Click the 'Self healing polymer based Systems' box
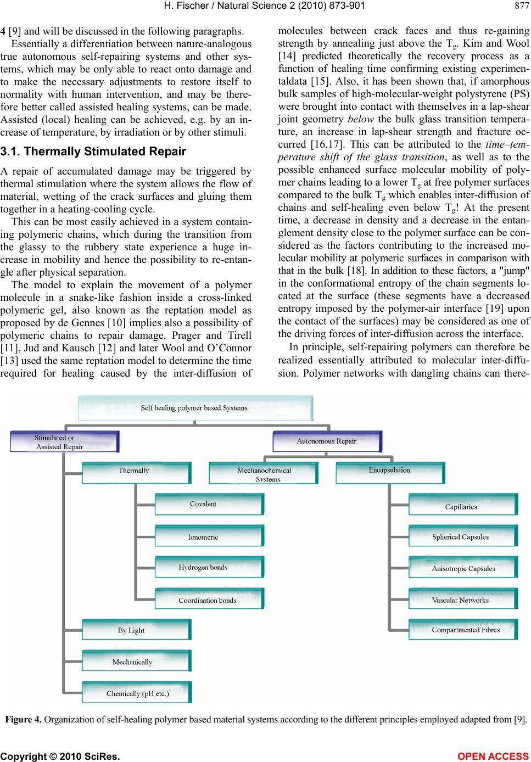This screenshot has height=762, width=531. click(x=195, y=408)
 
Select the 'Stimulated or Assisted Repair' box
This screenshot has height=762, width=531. click(x=64, y=442)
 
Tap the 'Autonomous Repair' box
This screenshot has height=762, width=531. click(x=327, y=441)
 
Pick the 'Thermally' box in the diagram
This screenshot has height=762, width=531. click(x=136, y=473)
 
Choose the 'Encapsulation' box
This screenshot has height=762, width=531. click(x=390, y=472)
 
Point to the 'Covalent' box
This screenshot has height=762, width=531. click(x=209, y=505)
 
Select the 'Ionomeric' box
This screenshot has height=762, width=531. click(x=209, y=536)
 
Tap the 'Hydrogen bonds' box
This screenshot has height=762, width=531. click(x=209, y=568)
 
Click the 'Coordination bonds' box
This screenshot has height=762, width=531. click(x=209, y=599)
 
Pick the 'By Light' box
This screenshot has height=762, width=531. click(x=136, y=630)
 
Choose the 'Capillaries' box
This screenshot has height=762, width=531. click(x=462, y=506)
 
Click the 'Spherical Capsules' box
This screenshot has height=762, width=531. click(x=462, y=537)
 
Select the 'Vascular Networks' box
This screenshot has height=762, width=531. click(x=462, y=599)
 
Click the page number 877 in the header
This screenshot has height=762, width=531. click(x=521, y=6)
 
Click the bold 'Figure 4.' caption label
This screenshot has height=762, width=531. click(x=21, y=719)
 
